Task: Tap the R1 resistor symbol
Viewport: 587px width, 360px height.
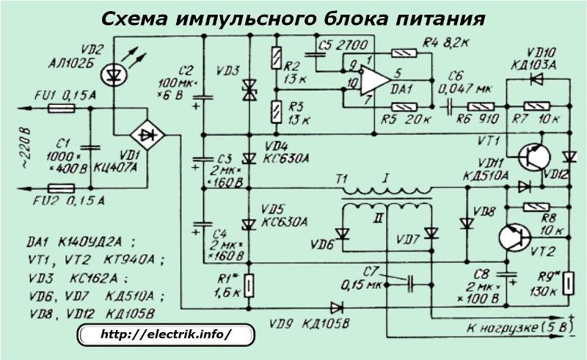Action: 249,284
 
